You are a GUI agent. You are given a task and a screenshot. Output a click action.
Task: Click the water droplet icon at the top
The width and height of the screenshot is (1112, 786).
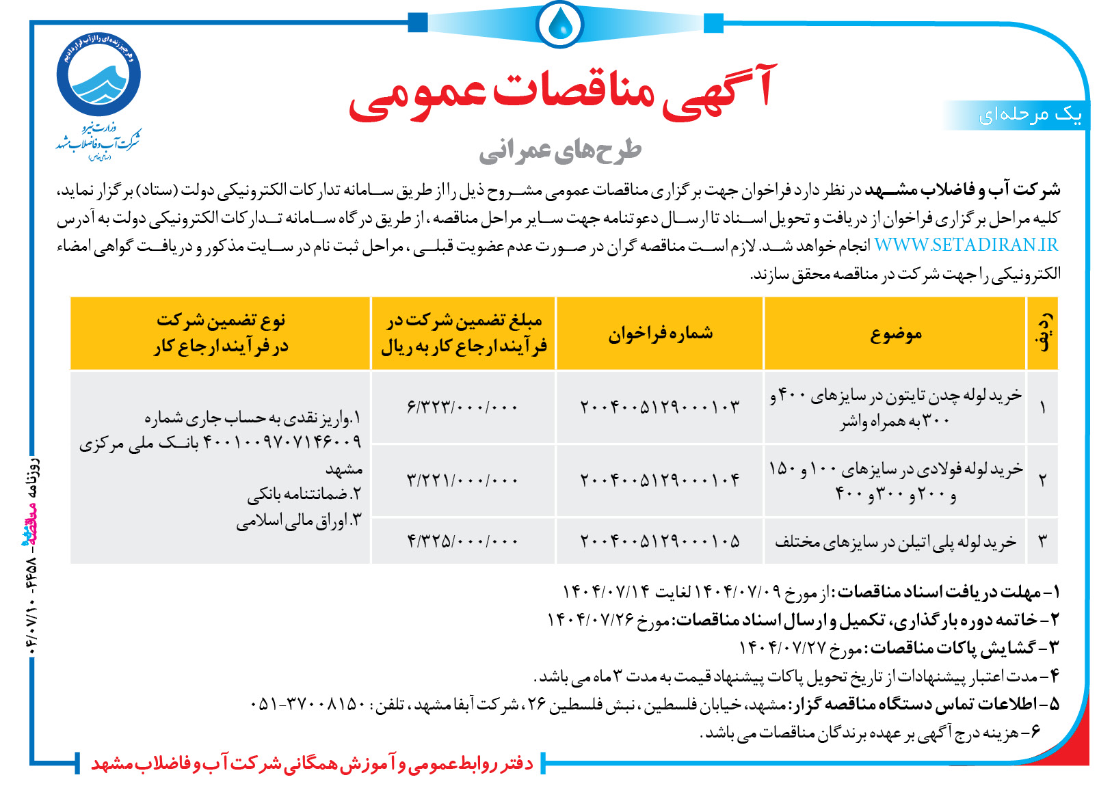560,24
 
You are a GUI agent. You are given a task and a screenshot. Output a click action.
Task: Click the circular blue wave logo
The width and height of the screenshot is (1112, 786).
99,74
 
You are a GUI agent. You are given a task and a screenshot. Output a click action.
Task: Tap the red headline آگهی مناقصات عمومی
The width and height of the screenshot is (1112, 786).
562,92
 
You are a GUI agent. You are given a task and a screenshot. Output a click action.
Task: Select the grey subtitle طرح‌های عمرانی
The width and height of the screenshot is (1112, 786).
560,151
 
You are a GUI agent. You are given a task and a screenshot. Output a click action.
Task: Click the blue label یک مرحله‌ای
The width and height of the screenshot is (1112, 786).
1030,115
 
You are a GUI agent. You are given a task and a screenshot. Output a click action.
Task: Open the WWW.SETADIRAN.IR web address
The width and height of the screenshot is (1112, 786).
966,245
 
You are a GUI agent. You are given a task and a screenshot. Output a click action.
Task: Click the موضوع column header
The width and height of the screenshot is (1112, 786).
896,334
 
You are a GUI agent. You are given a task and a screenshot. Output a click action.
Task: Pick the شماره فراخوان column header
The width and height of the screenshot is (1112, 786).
660,334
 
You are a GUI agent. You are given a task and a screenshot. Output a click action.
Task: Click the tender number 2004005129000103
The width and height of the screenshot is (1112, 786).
660,407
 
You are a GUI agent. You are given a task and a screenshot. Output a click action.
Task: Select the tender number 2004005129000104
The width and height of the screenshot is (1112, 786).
660,480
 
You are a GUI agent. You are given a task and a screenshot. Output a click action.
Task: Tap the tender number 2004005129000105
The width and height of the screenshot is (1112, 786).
660,541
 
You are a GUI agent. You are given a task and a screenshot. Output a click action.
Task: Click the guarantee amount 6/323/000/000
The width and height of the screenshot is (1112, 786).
463,407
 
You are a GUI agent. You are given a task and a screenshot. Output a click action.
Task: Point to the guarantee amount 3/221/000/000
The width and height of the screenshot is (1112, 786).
463,480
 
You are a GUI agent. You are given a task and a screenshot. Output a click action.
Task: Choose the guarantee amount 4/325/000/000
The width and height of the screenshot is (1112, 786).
463,541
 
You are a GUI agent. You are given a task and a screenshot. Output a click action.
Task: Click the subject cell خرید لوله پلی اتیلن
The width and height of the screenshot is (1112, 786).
896,542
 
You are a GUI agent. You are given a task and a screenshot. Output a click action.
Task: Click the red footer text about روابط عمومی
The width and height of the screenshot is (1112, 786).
312,763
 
